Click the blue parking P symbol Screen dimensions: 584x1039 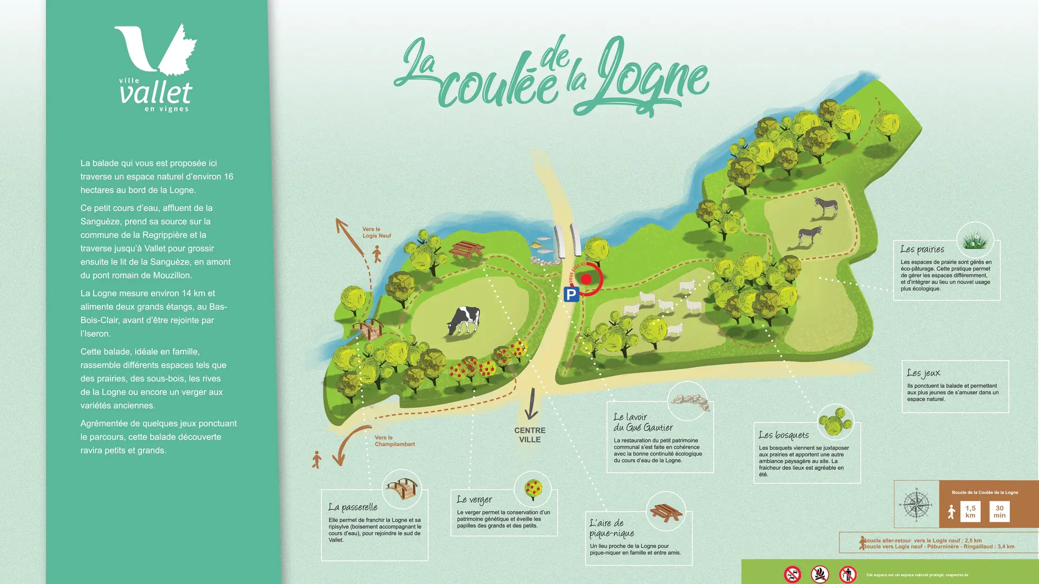pyautogui.click(x=571, y=294)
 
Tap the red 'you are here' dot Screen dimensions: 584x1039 pyautogui.click(x=586, y=279)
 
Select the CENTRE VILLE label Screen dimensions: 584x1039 pyautogui.click(x=530, y=435)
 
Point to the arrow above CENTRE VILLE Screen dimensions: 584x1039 pyautogui.click(x=531, y=404)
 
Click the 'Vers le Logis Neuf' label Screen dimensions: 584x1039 pyautogui.click(x=377, y=233)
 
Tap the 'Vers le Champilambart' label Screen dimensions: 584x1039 pyautogui.click(x=394, y=441)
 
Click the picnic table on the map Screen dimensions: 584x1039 pyautogui.click(x=466, y=250)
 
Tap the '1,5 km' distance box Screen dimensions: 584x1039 pyautogui.click(x=970, y=512)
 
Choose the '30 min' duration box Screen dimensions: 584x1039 pyautogui.click(x=999, y=512)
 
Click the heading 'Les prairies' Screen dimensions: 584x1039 pyautogui.click(x=922, y=249)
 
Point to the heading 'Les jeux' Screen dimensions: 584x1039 pyautogui.click(x=924, y=373)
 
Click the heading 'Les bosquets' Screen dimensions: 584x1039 pyautogui.click(x=784, y=435)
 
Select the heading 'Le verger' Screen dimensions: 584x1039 pyautogui.click(x=475, y=500)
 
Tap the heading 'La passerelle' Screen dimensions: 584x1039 pyautogui.click(x=353, y=507)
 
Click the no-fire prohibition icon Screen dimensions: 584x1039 pyautogui.click(x=820, y=574)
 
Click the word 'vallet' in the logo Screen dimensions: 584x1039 pyautogui.click(x=156, y=93)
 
